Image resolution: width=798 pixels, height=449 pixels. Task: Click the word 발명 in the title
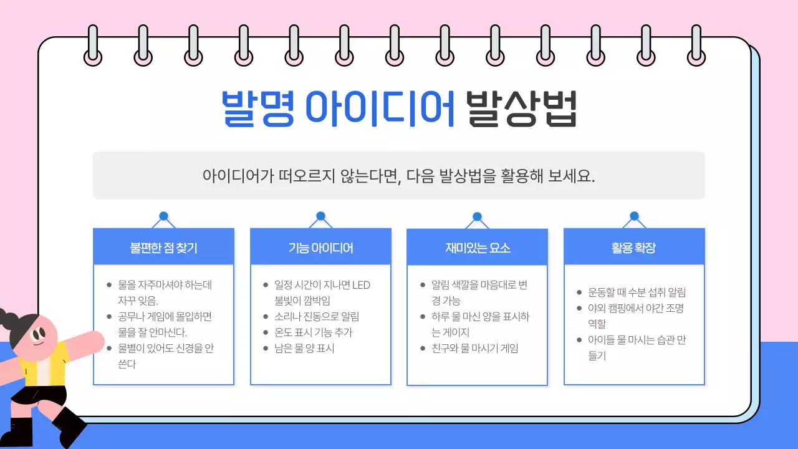coord(257,109)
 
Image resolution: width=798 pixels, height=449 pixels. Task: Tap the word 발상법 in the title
coord(522,109)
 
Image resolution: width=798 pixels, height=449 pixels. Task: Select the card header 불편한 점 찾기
coord(163,248)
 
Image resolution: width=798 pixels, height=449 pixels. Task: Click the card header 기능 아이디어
coord(320,248)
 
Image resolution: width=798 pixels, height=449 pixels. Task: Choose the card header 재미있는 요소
coord(477,248)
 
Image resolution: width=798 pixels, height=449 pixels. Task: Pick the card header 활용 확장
coord(634,248)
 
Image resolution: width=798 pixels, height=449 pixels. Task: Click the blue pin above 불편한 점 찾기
coord(163,216)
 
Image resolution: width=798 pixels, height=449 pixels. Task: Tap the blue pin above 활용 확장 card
coord(634,216)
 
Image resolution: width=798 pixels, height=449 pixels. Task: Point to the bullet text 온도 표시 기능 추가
coord(314,332)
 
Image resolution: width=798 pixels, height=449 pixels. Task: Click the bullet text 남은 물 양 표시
coord(304,348)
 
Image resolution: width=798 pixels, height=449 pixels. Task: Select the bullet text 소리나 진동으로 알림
coord(317,317)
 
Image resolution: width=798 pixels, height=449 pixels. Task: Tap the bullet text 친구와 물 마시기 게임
coord(474,348)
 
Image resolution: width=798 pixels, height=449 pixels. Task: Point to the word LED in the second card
coord(361,285)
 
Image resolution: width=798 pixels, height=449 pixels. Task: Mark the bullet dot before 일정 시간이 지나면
coord(266,285)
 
